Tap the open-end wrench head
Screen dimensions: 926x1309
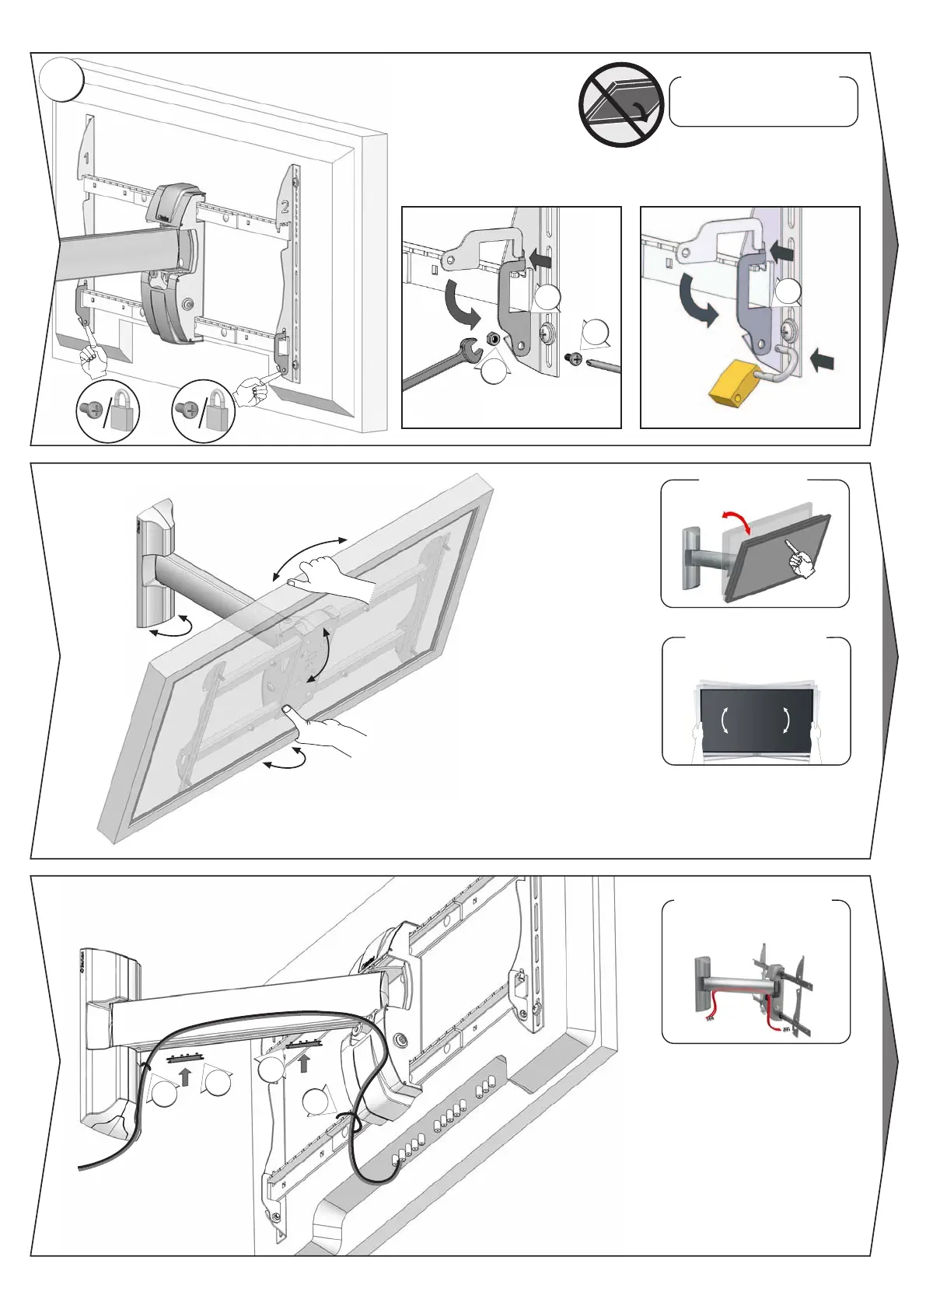coord(472,351)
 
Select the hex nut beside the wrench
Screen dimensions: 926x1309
coord(492,339)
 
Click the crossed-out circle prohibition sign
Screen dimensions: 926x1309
coord(620,103)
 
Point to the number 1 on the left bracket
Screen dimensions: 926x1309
coord(86,159)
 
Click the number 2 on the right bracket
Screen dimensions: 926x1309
coord(285,207)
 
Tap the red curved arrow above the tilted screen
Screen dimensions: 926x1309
coord(736,522)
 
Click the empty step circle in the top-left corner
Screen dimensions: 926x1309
coord(62,80)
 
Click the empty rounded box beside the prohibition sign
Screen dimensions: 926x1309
coord(763,102)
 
